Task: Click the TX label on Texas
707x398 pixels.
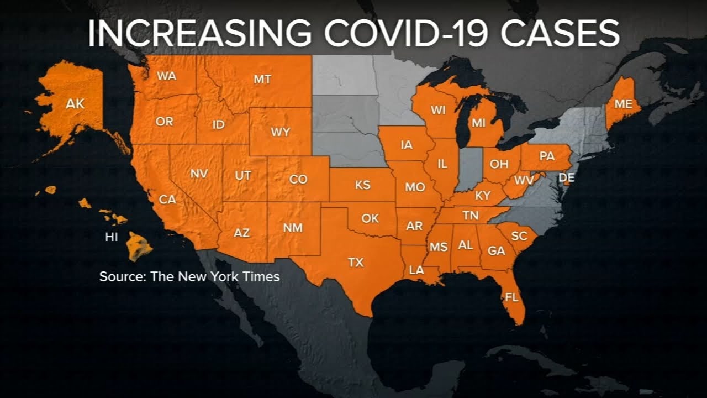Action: [356, 262]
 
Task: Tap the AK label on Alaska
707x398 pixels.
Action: [75, 103]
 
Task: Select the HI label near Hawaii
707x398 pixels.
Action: [112, 237]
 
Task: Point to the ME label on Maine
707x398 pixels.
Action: [623, 103]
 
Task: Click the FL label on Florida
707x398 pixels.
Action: [512, 297]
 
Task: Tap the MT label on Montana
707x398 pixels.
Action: [262, 79]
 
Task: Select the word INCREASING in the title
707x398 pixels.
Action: [199, 34]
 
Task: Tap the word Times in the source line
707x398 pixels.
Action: [262, 276]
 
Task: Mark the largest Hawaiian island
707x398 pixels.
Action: [138, 247]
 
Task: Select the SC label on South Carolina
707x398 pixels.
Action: [519, 235]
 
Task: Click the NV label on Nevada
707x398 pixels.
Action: [199, 174]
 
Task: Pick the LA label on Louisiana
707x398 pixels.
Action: [416, 271]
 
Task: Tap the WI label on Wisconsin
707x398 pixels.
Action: [438, 110]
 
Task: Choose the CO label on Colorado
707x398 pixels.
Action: [298, 179]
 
